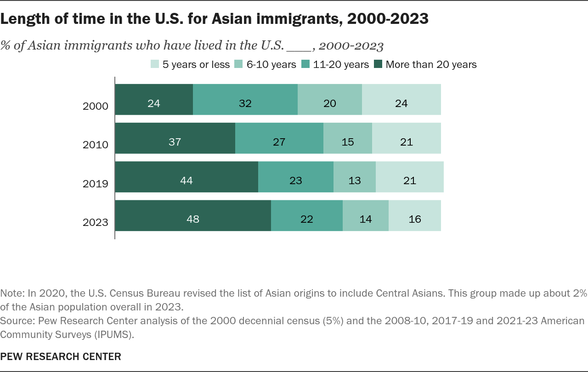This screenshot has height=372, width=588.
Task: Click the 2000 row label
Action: tap(95, 106)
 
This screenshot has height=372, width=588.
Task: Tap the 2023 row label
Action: tap(95, 222)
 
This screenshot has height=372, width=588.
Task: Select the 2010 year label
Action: tap(95, 145)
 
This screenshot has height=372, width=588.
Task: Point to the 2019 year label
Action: tap(95, 184)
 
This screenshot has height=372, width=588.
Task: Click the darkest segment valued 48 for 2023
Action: tap(193, 216)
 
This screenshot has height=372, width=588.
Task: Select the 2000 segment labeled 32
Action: tap(245, 99)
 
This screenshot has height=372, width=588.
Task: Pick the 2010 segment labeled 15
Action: tap(348, 138)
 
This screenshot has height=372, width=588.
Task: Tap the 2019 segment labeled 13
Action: tap(355, 177)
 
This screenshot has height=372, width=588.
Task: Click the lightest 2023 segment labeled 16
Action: tap(415, 216)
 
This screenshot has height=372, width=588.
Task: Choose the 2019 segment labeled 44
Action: tap(187, 177)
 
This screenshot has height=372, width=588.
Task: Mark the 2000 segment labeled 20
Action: tap(330, 99)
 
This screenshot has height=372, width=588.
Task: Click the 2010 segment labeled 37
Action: tap(175, 138)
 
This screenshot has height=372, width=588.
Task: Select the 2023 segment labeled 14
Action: tap(366, 216)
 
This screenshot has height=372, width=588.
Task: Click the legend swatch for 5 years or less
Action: tap(155, 64)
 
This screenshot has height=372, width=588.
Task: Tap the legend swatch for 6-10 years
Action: tap(238, 64)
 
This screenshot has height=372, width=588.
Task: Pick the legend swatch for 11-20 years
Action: tap(305, 64)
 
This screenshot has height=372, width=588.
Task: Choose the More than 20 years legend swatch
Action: tap(378, 64)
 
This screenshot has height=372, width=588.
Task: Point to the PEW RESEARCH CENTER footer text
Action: tap(61, 357)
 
